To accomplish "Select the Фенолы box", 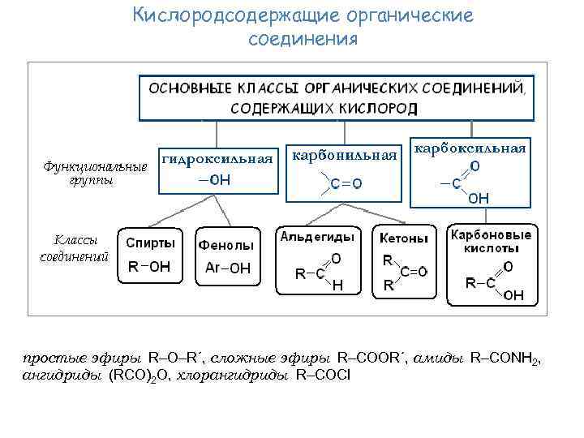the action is click(x=226, y=256).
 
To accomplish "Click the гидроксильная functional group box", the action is click(x=217, y=169).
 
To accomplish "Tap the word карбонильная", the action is click(x=346, y=154).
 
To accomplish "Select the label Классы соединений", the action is click(x=74, y=248).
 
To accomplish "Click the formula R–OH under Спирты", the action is click(x=149, y=266).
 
